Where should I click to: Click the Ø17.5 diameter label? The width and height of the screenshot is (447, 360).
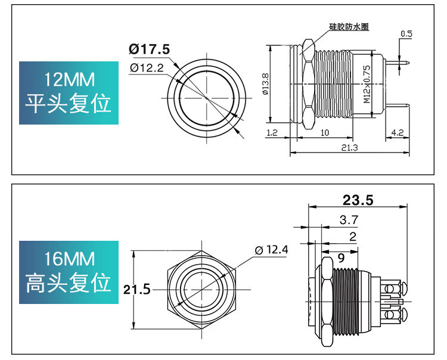149,49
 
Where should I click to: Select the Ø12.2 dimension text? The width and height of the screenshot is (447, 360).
147,68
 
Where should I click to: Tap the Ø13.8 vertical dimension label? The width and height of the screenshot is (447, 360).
265,84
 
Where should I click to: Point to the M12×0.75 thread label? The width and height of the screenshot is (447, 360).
367,85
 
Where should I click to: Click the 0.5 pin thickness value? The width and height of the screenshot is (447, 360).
406,34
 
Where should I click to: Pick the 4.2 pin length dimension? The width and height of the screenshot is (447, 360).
398,132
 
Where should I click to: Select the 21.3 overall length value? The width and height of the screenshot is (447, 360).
349,148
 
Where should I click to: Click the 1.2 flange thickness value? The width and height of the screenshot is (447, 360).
272,132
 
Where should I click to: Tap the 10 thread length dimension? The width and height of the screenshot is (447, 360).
325,132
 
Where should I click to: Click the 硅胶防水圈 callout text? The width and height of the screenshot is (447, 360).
349,27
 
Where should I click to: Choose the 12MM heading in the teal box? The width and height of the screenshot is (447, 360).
69,79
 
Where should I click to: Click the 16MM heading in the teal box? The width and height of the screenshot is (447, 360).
69,259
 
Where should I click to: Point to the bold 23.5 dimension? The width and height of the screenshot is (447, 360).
358,200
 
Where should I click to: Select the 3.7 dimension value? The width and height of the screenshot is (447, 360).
349,220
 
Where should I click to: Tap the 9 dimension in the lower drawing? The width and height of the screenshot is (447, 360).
341,258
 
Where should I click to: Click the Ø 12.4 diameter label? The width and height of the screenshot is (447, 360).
272,250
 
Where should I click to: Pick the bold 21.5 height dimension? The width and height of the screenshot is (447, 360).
137,290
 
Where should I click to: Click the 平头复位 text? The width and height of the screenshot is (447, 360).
69,104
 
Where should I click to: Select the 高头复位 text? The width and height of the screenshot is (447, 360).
69,283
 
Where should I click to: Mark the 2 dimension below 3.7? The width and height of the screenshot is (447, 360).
353,237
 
